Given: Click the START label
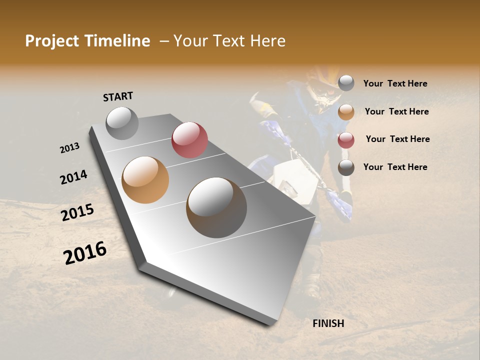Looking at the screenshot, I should pyautogui.click(x=118, y=96).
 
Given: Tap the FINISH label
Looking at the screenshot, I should pyautogui.click(x=328, y=323).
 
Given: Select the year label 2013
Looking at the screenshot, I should pyautogui.click(x=70, y=148).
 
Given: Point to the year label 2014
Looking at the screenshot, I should pyautogui.click(x=74, y=177).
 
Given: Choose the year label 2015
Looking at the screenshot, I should pyautogui.click(x=77, y=212).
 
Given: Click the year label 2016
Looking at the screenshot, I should pyautogui.click(x=85, y=252).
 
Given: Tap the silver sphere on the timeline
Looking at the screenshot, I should pyautogui.click(x=122, y=123).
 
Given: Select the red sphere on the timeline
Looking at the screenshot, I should pyautogui.click(x=189, y=139).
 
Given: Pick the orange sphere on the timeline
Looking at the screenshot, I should pyautogui.click(x=145, y=179).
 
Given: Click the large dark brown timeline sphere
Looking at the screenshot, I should pyautogui.click(x=216, y=207).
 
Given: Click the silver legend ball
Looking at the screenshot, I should pyautogui.click(x=346, y=83).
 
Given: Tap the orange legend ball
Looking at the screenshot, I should pyautogui.click(x=346, y=112).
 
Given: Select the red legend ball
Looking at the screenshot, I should pyautogui.click(x=346, y=140).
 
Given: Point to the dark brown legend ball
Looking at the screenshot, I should pyautogui.click(x=346, y=167).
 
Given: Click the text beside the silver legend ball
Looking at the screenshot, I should pyautogui.click(x=395, y=83).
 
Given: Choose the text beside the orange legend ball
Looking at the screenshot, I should pyautogui.click(x=396, y=111).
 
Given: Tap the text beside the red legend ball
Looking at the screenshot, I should pyautogui.click(x=397, y=139).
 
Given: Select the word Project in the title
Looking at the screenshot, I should pyautogui.click(x=52, y=41).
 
